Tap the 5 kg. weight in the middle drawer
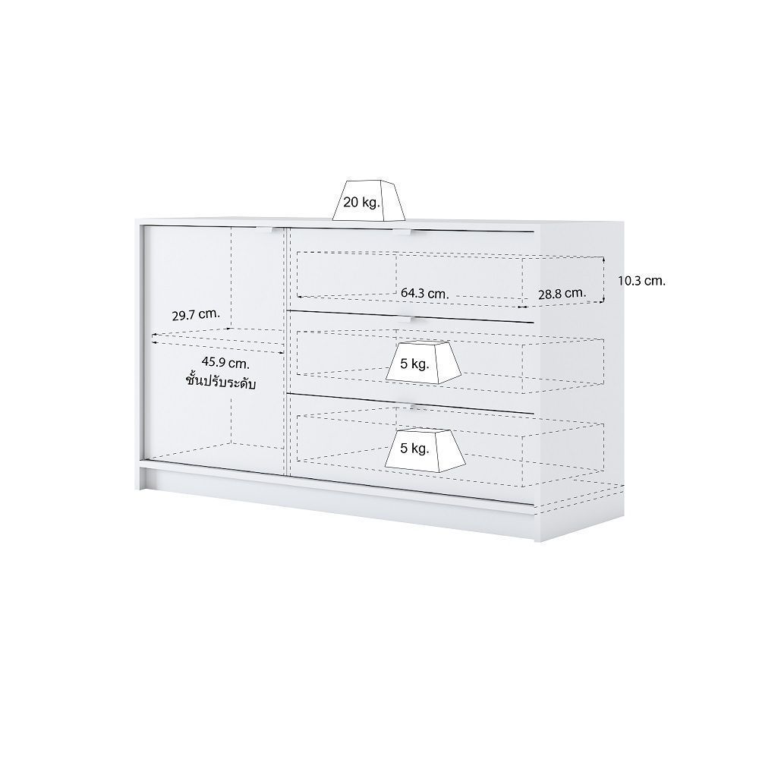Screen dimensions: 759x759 tap(424, 363)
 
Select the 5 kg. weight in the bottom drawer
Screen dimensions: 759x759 tap(425, 449)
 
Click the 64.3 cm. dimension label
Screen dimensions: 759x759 tap(424, 293)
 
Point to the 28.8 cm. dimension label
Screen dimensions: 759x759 tap(562, 293)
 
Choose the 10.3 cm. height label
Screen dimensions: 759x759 tap(641, 280)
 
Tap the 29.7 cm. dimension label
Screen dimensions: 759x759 tap(196, 315)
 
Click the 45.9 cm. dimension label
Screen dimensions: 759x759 tap(225, 362)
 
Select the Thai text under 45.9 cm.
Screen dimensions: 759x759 tap(221, 381)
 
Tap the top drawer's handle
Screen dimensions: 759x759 tap(402, 231)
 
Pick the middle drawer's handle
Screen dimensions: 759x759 tap(404, 319)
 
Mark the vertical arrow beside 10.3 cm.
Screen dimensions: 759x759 tap(603, 280)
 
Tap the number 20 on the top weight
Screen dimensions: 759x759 tap(351, 202)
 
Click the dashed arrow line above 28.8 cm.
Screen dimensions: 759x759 tap(562, 304)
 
